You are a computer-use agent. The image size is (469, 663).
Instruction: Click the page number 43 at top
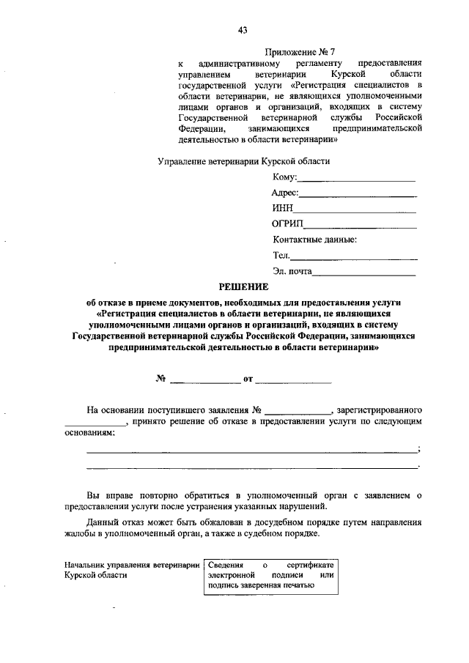click(243, 30)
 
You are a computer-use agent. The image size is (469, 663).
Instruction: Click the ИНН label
click(283, 209)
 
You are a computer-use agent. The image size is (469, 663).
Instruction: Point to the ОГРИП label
click(288, 224)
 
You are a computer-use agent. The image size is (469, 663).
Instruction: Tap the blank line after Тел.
click(355, 258)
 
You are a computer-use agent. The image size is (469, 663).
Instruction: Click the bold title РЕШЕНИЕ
click(243, 286)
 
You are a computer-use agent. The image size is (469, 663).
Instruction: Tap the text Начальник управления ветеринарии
click(132, 566)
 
